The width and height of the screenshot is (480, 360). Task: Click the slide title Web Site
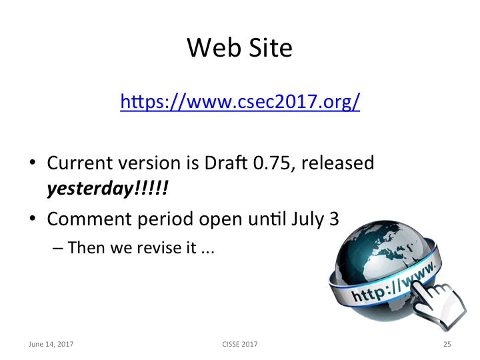(239, 48)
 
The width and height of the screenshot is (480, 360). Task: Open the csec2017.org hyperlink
(240, 102)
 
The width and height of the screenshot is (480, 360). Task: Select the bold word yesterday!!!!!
(107, 189)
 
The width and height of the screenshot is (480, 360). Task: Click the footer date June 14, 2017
(51, 344)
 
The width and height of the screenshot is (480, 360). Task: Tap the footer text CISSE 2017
(239, 344)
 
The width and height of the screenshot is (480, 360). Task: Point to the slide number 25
(447, 344)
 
